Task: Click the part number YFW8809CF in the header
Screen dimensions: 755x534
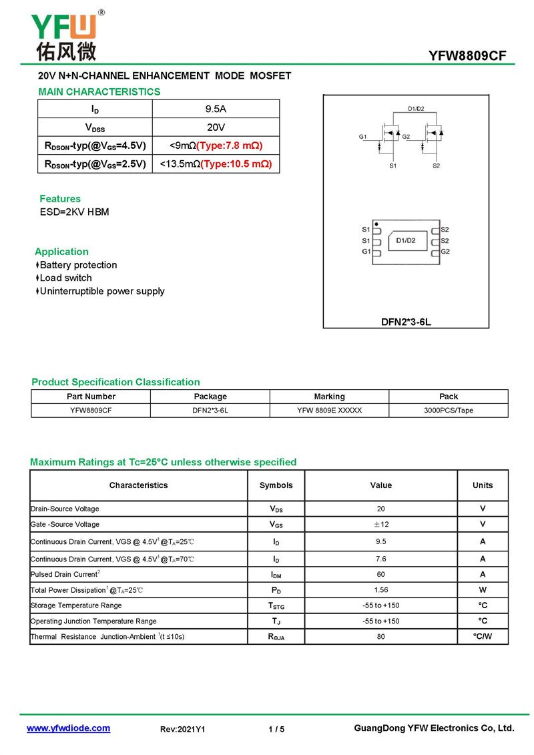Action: (x=471, y=56)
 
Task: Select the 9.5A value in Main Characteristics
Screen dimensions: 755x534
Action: (x=216, y=109)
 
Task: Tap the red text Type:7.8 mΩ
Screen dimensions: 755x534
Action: (x=229, y=146)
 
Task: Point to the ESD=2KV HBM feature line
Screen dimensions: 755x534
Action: (x=74, y=212)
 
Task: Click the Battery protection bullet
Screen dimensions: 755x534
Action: (x=78, y=265)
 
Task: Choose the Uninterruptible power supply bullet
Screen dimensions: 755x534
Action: (x=101, y=291)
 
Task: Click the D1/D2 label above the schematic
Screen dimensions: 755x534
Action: (x=416, y=109)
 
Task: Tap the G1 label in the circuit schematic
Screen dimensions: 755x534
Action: (x=362, y=137)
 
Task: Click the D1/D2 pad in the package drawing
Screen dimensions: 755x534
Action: (x=405, y=240)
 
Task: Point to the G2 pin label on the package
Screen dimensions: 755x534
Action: (x=445, y=252)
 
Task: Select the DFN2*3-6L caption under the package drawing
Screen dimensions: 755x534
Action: (x=406, y=322)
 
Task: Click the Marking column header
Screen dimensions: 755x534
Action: (x=329, y=397)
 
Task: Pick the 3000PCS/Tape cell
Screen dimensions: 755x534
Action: (x=448, y=411)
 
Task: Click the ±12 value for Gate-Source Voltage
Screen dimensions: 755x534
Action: (x=380, y=525)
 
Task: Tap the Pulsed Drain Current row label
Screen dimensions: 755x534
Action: (x=65, y=574)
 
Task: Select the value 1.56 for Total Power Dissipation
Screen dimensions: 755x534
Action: (x=380, y=590)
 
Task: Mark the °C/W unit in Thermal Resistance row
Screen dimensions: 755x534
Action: (x=482, y=636)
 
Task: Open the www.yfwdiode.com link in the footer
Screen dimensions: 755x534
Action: (x=68, y=728)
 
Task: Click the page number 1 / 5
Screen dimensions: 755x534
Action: (x=276, y=729)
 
